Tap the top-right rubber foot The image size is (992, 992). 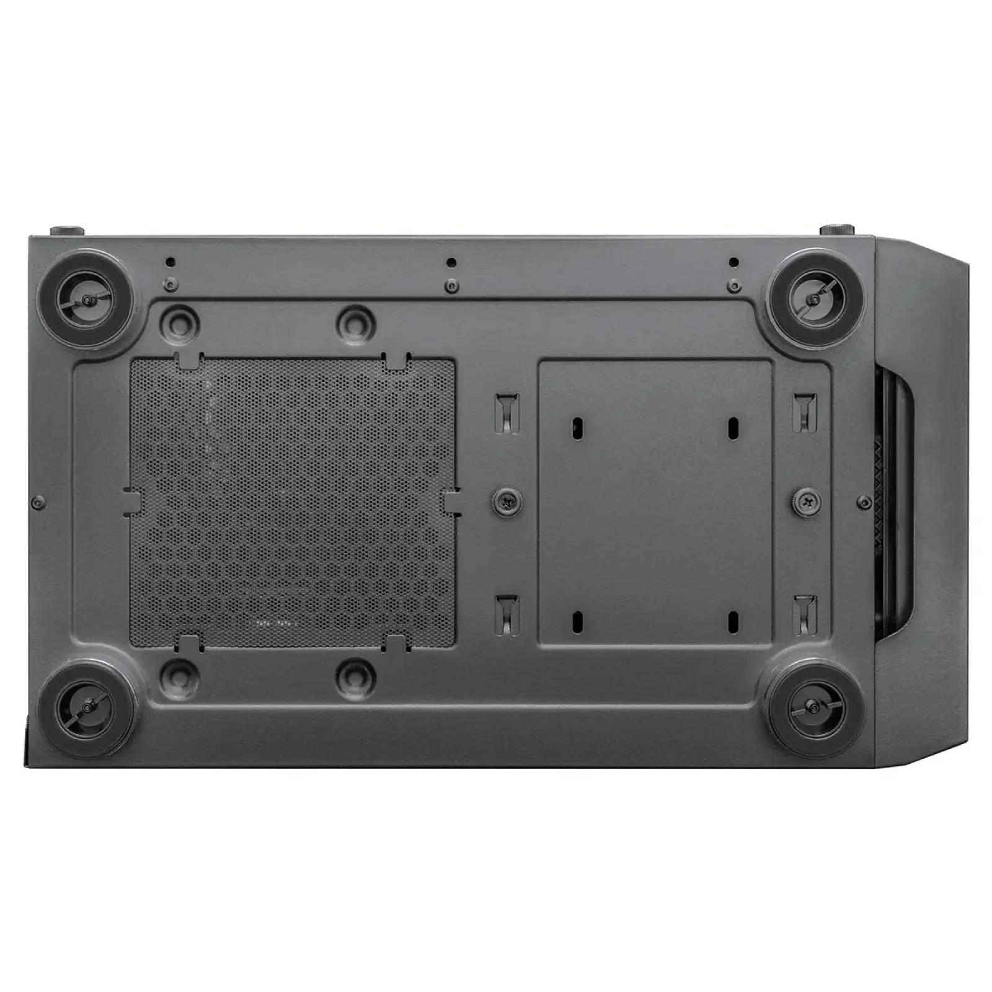point(812,299)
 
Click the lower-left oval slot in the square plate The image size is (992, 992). point(578,619)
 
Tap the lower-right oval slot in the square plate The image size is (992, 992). point(733,619)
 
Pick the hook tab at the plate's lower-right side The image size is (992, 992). point(805,613)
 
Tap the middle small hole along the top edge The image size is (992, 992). point(451,262)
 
